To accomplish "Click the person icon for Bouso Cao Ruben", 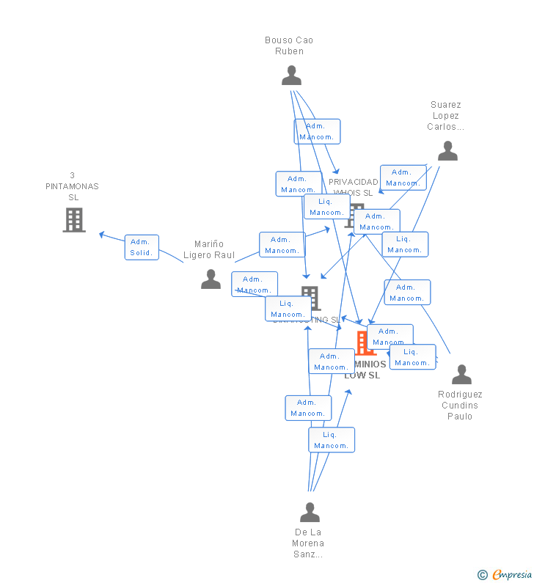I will pos(291,76).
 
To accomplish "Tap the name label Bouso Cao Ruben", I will pos(289,45).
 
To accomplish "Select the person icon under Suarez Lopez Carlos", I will pos(447,151).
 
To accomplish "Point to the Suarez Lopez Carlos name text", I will pos(445,116).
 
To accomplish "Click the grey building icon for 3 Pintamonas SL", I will pos(73,220).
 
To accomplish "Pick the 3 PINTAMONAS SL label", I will pos(72,186).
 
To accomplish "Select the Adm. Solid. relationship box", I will pos(141,247).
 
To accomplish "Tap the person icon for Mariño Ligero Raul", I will pos(211,279).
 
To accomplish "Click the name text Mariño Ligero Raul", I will pos(209,249).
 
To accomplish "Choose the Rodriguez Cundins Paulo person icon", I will pos(461,375).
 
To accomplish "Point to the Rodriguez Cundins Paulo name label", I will pos(460,406).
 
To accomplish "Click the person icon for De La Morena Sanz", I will pos(310,513).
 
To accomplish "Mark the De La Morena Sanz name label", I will pos(308,543).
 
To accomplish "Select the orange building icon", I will pos(364,343).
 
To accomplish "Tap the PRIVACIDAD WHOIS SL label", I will pos(353,187).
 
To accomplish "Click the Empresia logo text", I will pos(512,575).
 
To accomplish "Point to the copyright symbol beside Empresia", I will pos(483,575).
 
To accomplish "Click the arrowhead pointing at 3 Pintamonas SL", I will pos(101,235).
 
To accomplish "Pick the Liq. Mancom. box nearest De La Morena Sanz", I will pos(332,440).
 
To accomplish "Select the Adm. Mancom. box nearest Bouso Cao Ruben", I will pos(317,131).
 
